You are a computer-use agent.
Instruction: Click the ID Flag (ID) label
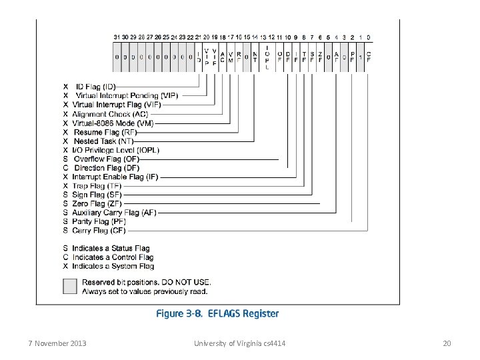pos(95,87)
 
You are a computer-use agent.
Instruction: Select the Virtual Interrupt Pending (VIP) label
pos(127,95)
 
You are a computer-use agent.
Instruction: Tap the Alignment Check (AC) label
pos(110,114)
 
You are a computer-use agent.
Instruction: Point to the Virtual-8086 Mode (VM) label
pos(113,123)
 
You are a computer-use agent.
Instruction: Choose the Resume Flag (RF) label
pos(105,133)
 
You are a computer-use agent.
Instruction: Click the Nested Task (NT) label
pos(103,141)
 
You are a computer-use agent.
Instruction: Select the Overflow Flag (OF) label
pos(107,159)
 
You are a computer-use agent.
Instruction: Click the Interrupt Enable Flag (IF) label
pos(115,177)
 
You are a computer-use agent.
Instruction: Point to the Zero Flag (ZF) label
pos(97,203)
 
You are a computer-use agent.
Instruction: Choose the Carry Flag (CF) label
pos(99,231)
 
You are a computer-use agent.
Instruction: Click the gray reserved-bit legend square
pos(70,286)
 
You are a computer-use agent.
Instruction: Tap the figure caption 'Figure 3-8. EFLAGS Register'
pos(217,313)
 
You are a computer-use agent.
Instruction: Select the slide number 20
pos(447,343)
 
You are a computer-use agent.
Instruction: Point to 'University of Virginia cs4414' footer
pos(239,343)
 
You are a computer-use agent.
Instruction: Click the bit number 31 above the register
pos(117,37)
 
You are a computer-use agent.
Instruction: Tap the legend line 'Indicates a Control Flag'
pos(113,257)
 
